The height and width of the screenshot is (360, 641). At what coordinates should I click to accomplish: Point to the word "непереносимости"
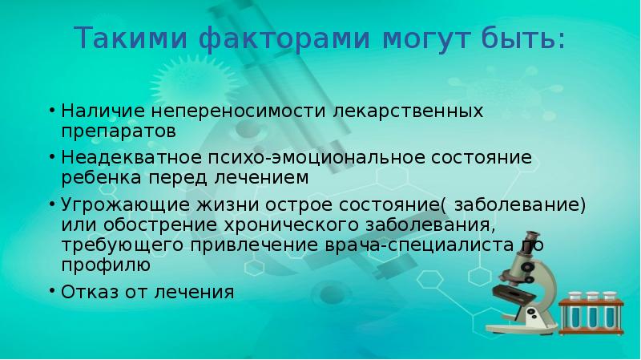pos(229,109)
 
